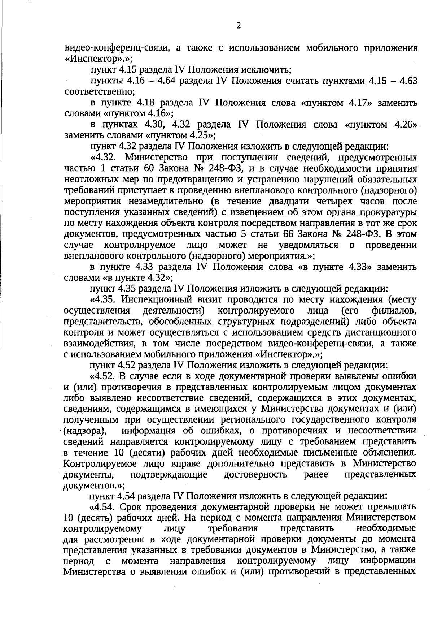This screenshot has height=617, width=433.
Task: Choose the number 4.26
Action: point(404,125)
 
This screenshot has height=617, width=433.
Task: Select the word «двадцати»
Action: point(273,201)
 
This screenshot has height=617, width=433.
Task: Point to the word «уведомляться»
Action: point(308,245)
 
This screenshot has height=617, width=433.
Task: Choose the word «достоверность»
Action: point(255,474)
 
